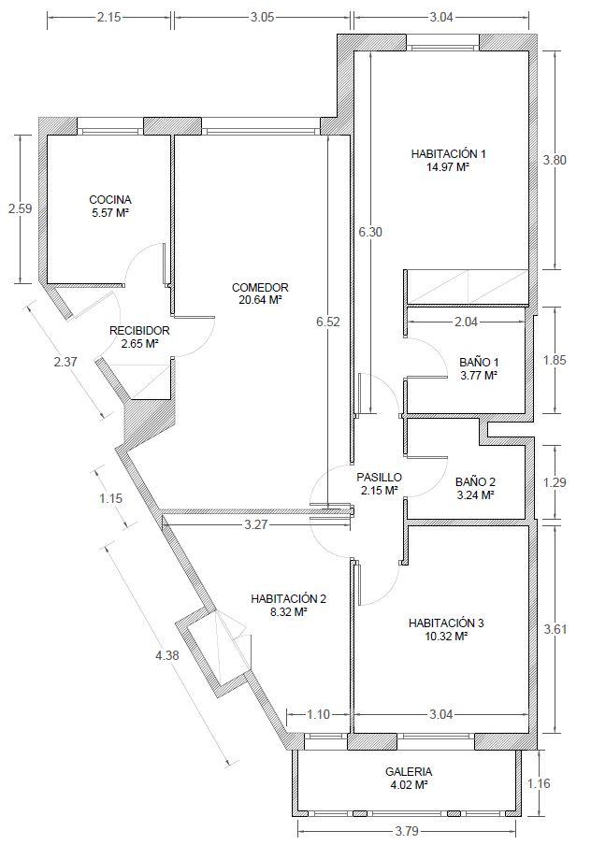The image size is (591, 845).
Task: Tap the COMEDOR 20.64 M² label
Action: coord(261,294)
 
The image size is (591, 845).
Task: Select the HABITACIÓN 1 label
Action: coord(449,153)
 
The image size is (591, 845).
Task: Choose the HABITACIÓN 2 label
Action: coord(289,599)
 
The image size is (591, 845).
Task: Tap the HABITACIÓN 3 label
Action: coord(446,623)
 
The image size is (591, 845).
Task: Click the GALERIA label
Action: coord(409,772)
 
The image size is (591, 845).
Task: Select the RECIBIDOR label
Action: coord(139,331)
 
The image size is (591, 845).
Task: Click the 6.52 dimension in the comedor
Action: coord(328,322)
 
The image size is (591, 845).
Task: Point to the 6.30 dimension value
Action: coord(370,232)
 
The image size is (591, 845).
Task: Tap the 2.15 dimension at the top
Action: coord(108,17)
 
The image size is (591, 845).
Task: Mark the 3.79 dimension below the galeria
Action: coord(407,830)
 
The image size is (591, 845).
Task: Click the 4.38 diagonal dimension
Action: coord(167,655)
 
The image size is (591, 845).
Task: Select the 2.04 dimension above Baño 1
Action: coord(466,322)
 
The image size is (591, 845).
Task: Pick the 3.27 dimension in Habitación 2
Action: coord(256,524)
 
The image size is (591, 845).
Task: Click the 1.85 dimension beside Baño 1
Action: coord(555,360)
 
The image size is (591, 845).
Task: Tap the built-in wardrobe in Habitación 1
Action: coord(467,287)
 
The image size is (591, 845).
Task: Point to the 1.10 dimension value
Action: coord(318,714)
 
